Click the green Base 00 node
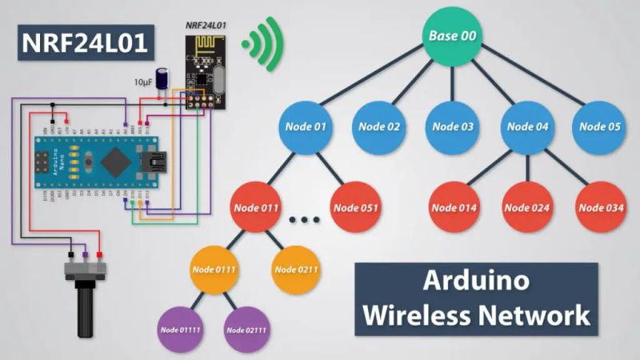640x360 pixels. pos(453,36)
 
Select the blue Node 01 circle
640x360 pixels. pos(305,126)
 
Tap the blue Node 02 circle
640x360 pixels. pos(379,126)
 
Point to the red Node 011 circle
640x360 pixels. pos(256,208)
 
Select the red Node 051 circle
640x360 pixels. pos(357,208)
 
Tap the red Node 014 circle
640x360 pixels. pos(454,208)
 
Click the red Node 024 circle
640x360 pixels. pos(528,208)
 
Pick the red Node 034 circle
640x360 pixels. pos(602,208)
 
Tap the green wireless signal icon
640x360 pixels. pos(264,38)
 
